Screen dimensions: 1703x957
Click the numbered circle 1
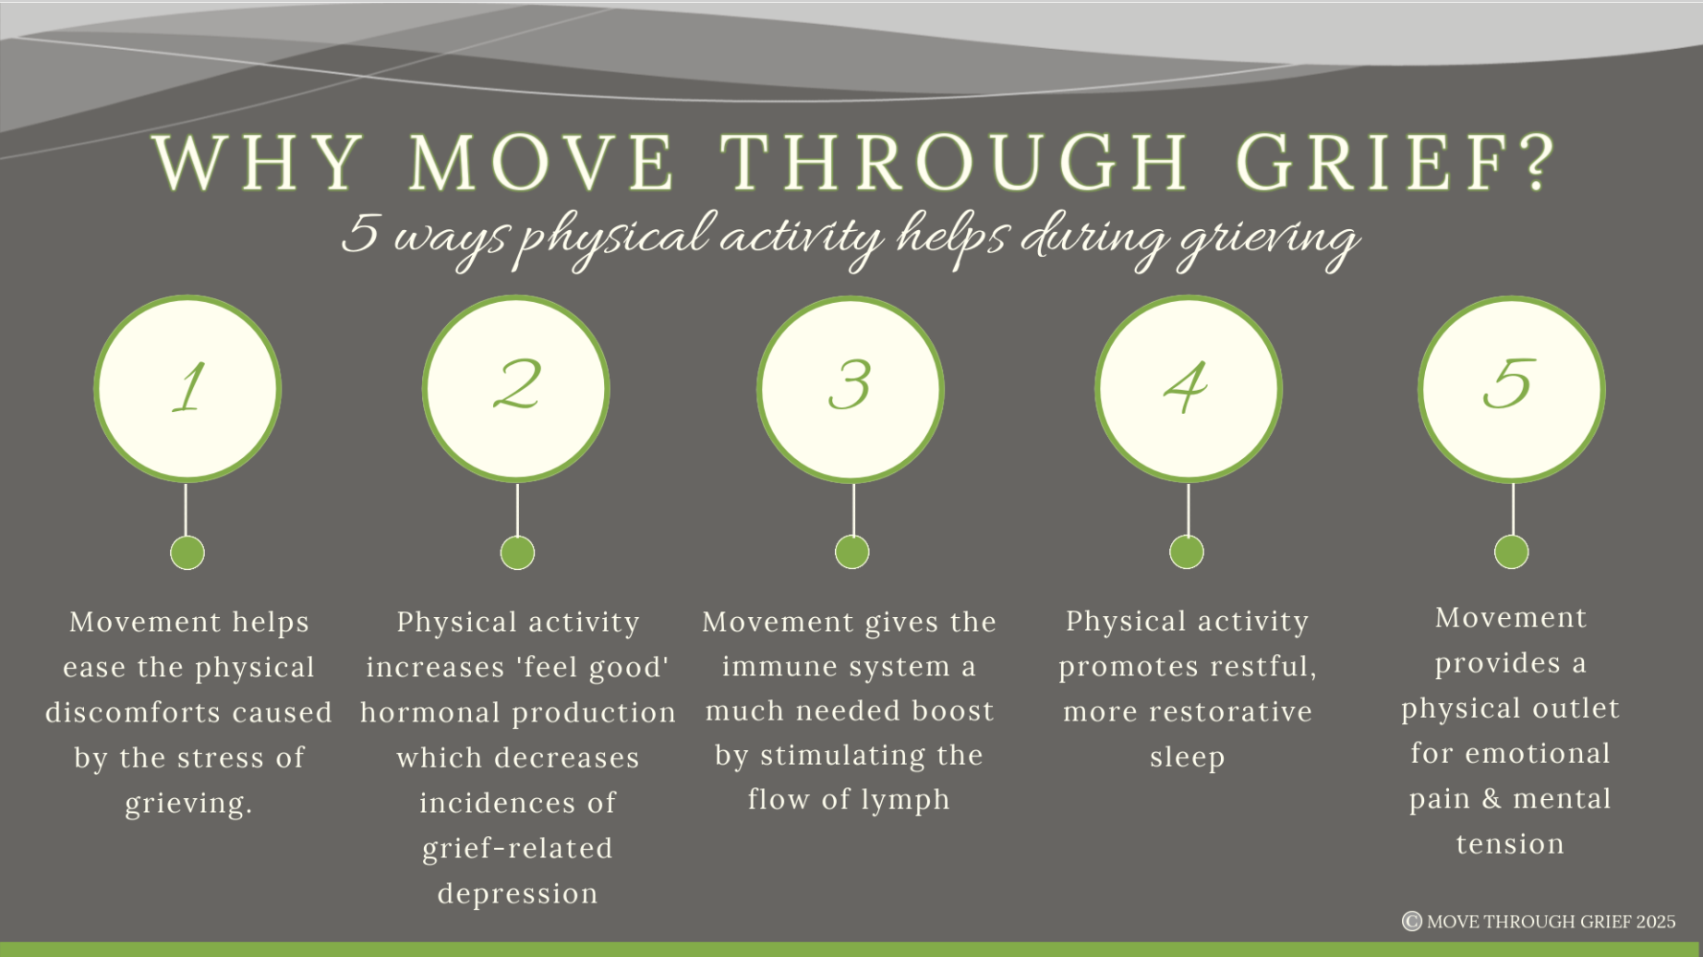coord(187,389)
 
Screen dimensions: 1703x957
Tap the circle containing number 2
coord(516,389)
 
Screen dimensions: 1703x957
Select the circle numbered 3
coord(851,389)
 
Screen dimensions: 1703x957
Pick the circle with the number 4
coord(1189,389)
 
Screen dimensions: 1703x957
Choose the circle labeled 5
coord(1512,389)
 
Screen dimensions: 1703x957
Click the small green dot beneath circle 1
coord(187,553)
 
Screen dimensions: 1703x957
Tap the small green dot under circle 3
coord(851,552)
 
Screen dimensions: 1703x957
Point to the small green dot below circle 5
coord(1512,552)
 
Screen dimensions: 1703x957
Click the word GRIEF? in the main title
coord(1395,163)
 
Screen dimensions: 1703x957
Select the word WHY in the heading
coord(259,164)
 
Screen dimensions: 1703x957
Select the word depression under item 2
coord(518,894)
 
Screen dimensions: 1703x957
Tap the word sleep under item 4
coord(1188,757)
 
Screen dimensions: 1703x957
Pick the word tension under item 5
coord(1511,844)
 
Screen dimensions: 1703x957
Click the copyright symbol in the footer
coord(1411,921)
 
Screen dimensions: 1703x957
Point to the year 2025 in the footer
coord(1656,922)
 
